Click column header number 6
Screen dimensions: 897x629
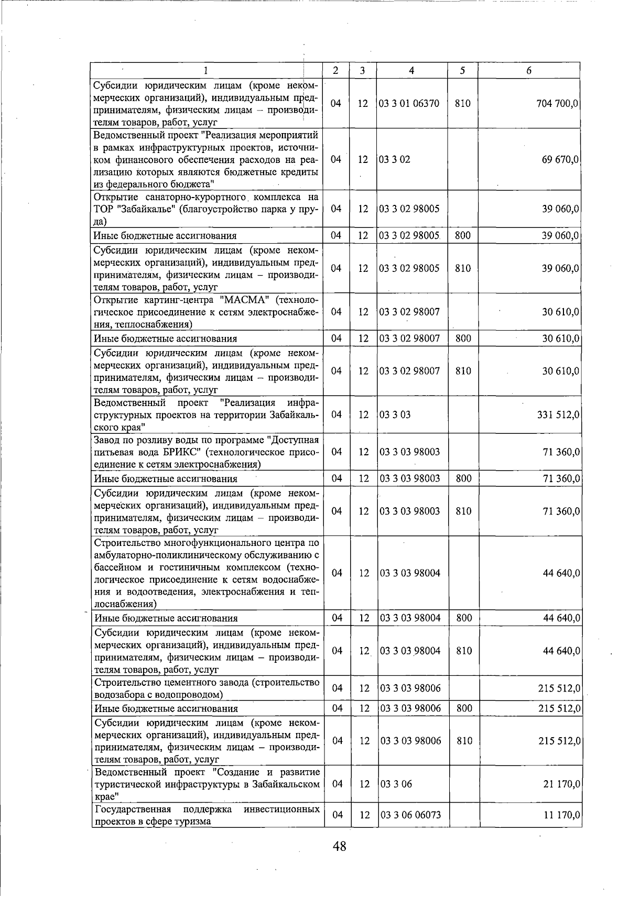[x=529, y=71]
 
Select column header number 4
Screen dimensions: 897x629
[x=412, y=71]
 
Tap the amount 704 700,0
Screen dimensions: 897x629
[x=558, y=104]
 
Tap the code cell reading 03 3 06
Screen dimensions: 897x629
[x=396, y=784]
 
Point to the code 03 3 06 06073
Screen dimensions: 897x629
[x=411, y=815]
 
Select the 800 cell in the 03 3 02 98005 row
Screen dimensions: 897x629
[x=462, y=236]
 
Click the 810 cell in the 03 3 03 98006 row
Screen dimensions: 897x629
[x=464, y=741]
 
